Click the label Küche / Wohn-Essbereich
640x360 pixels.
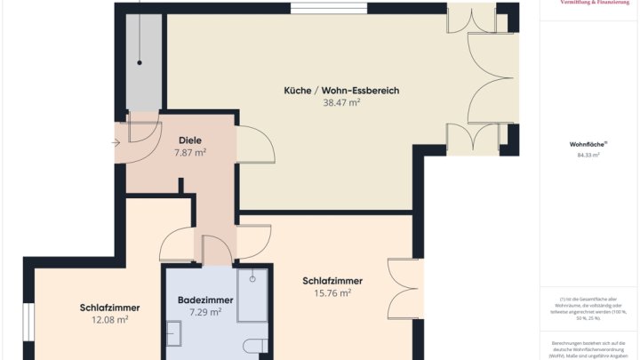[341, 91]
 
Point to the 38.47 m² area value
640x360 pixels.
[341, 103]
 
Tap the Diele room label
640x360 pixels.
[190, 140]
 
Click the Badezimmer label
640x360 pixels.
[205, 300]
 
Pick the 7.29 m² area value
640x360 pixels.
[205, 313]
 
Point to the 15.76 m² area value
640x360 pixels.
[332, 293]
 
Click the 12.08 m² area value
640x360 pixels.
[110, 320]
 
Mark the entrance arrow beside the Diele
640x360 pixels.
[118, 142]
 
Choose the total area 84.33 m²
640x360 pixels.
[588, 155]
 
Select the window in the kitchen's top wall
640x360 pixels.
[316, 8]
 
